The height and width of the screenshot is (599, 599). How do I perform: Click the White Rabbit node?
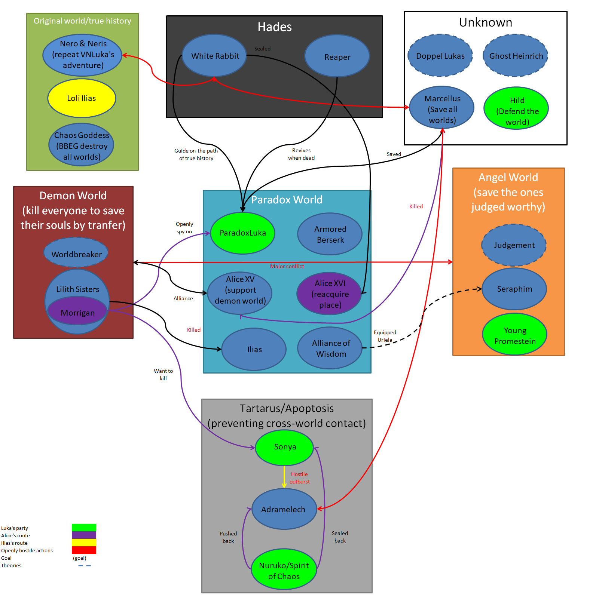pyautogui.click(x=214, y=56)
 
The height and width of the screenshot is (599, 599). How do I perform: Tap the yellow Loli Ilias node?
pyautogui.click(x=82, y=98)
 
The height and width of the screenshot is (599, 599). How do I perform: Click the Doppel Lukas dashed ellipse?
pyautogui.click(x=440, y=56)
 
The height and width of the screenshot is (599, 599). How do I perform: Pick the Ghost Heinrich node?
pyautogui.click(x=516, y=56)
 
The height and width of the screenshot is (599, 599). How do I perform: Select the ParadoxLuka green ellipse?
pyautogui.click(x=242, y=233)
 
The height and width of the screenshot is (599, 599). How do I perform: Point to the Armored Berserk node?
pyautogui.click(x=330, y=234)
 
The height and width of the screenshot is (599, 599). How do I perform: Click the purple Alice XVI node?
pyautogui.click(x=329, y=294)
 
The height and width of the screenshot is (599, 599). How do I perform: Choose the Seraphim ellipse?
pyautogui.click(x=514, y=289)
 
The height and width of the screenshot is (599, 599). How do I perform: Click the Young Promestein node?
pyautogui.click(x=514, y=335)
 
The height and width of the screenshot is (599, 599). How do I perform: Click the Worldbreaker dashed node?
pyautogui.click(x=76, y=254)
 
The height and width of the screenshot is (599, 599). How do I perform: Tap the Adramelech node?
pyautogui.click(x=284, y=509)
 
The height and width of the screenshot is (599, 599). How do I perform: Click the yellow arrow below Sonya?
pyautogui.click(x=284, y=477)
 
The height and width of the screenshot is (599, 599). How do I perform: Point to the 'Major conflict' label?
pyautogui.click(x=287, y=266)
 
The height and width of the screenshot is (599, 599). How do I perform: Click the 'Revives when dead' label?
pyautogui.click(x=301, y=154)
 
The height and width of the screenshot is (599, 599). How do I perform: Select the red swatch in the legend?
pyautogui.click(x=84, y=550)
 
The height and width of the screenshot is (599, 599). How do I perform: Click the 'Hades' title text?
pyautogui.click(x=274, y=27)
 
